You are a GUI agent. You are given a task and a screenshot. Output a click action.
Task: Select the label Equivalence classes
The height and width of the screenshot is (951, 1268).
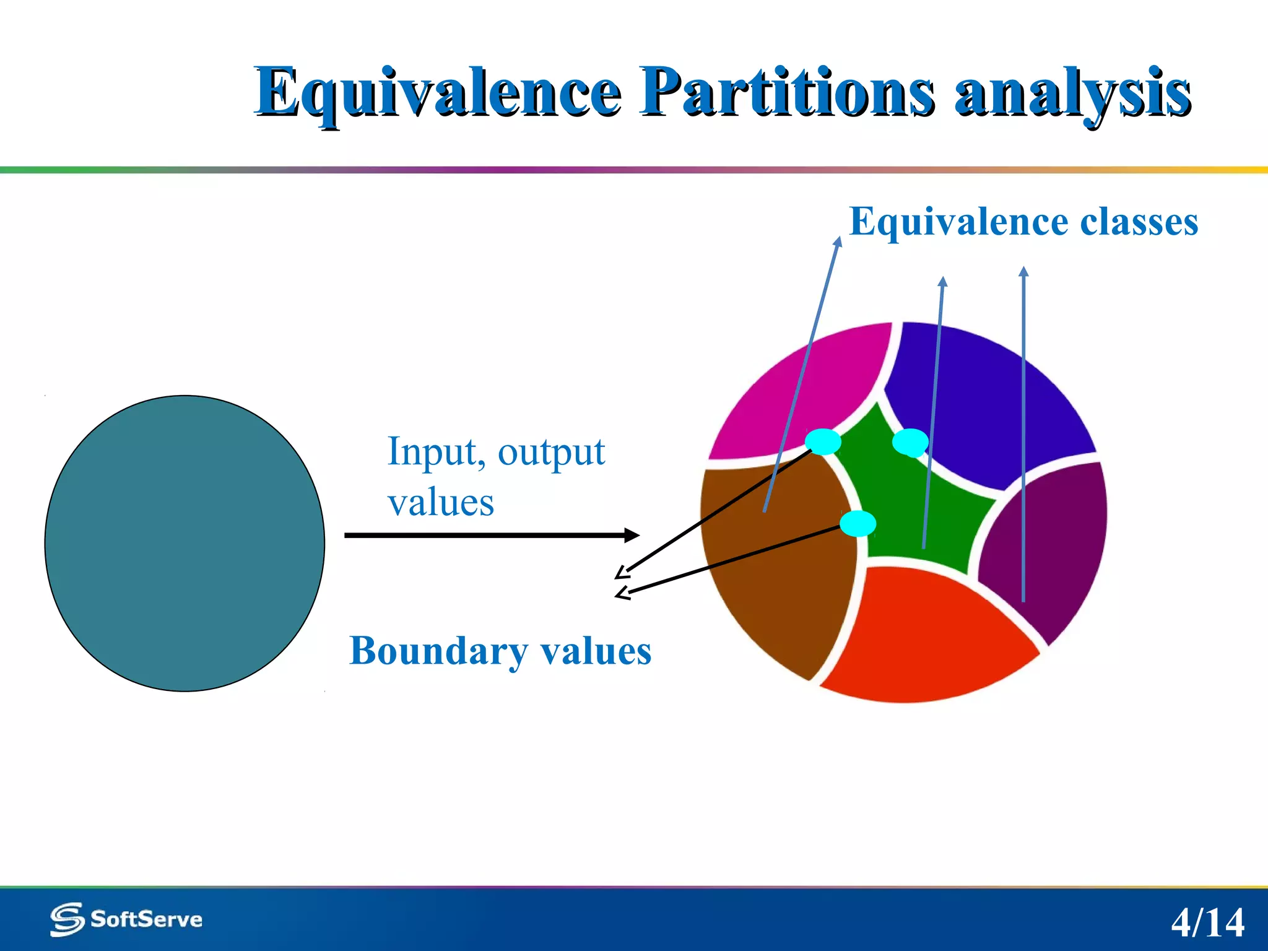click(1023, 222)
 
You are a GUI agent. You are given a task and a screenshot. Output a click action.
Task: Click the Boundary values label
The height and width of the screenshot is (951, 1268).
click(500, 651)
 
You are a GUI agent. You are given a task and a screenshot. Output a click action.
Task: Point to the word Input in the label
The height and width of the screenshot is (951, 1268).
click(432, 452)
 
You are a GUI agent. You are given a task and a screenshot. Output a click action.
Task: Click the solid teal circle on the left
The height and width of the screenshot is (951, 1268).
click(185, 543)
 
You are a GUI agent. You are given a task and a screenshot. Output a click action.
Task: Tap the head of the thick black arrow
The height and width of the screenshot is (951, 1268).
click(633, 535)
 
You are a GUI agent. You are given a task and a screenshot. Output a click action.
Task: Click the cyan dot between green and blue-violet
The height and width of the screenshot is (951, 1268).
click(910, 442)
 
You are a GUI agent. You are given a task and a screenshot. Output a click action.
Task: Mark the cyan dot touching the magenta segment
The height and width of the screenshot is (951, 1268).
click(823, 441)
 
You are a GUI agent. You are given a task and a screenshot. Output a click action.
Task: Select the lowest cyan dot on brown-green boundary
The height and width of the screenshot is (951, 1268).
click(858, 524)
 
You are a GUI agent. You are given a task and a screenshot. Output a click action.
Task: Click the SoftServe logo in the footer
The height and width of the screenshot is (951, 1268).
click(126, 919)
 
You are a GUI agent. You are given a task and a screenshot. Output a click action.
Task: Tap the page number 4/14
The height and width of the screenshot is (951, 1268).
click(1207, 923)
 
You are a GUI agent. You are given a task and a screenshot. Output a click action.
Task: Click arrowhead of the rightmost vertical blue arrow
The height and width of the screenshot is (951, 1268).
click(1023, 271)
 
